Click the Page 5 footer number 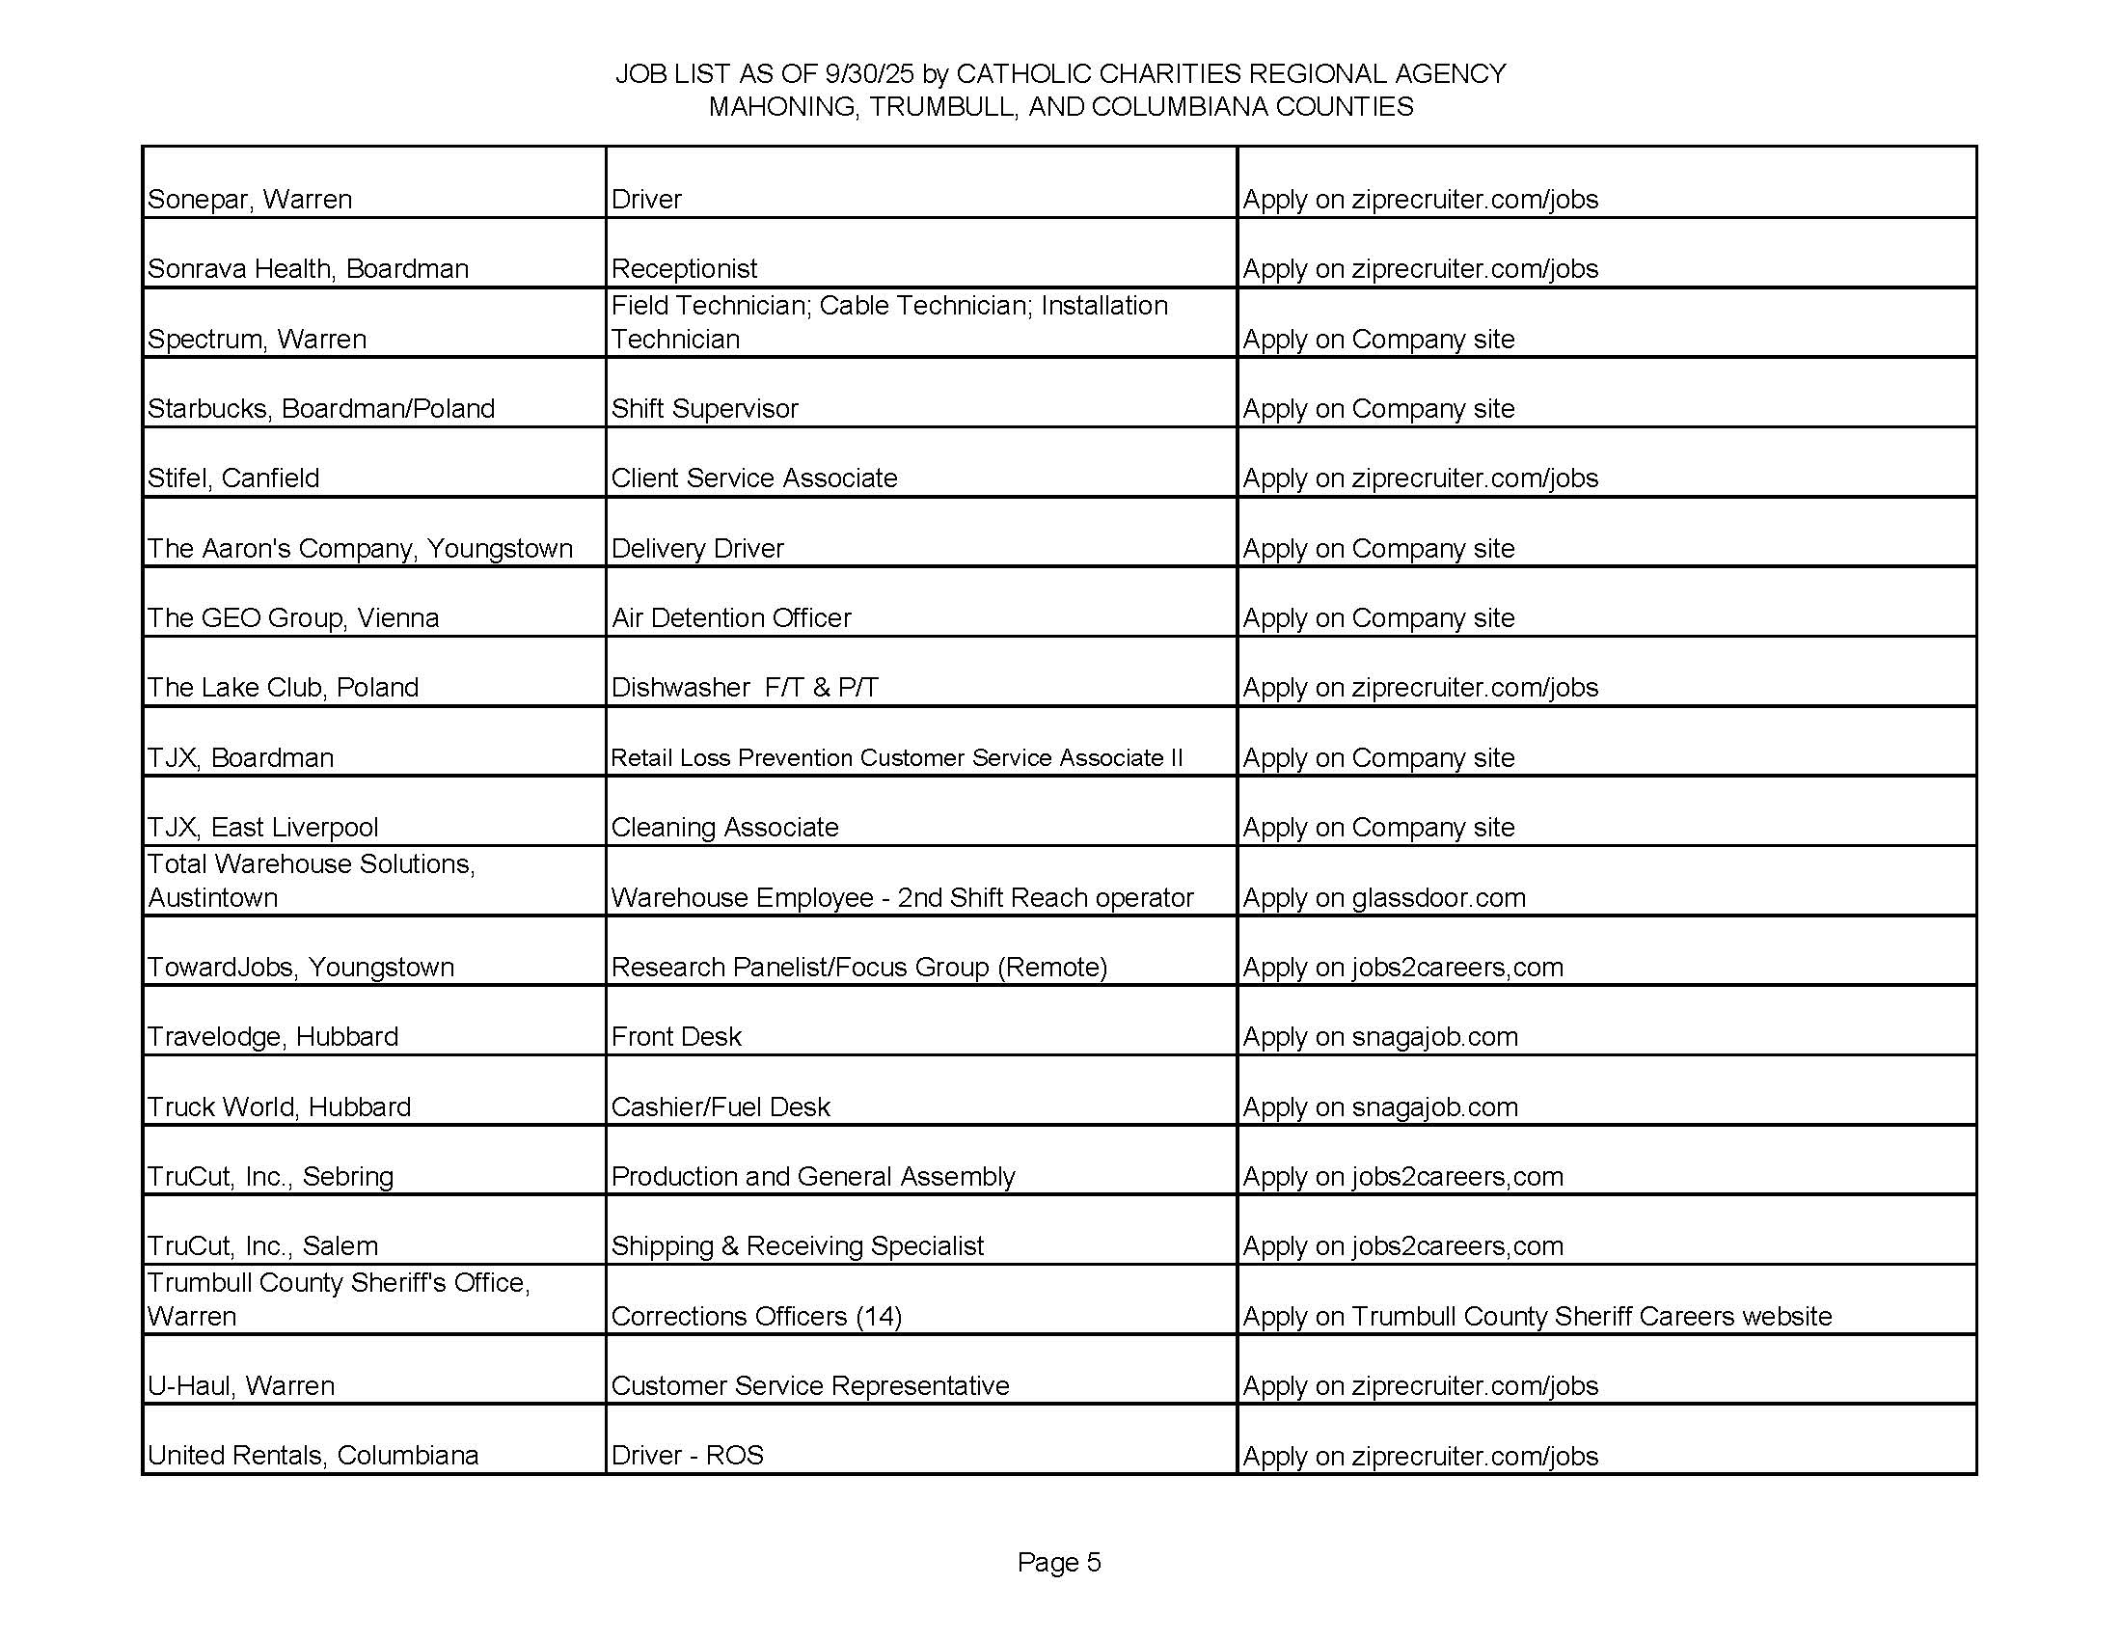[x=1059, y=1561]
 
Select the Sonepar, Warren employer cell [x=250, y=199]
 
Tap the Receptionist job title [x=684, y=268]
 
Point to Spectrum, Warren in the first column [x=257, y=339]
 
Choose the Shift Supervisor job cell [x=704, y=408]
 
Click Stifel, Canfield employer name [x=233, y=478]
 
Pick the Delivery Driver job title [x=696, y=548]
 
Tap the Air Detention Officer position [x=731, y=618]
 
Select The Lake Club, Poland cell [x=283, y=688]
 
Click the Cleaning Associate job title [x=724, y=827]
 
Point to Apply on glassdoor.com [x=1383, y=898]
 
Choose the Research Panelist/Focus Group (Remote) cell [x=858, y=967]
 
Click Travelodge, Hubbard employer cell [x=273, y=1037]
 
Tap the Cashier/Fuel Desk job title [x=720, y=1107]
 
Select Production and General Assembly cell [x=812, y=1177]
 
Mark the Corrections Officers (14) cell [x=756, y=1317]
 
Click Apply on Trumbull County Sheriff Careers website [x=1537, y=1317]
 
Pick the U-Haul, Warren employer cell [x=241, y=1385]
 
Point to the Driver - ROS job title [x=687, y=1456]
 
